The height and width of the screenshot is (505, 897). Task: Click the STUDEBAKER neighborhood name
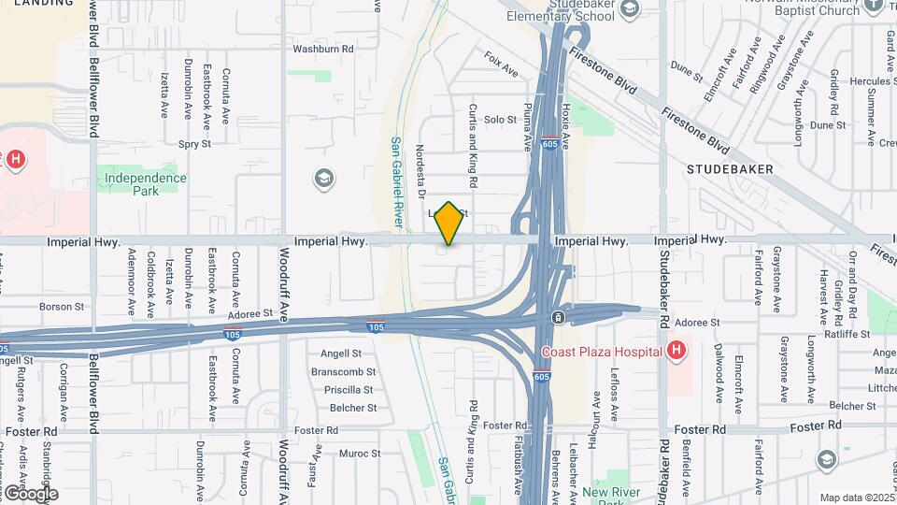tap(730, 169)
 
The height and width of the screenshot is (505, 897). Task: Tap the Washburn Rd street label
tap(323, 49)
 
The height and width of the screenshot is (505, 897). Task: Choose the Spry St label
tap(194, 144)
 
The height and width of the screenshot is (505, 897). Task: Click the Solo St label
tap(500, 120)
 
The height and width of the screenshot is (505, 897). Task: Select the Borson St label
tap(62, 306)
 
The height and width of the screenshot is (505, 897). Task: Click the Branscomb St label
tap(343, 372)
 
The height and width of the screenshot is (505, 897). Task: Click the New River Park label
tap(609, 493)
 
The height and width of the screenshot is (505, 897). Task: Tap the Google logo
tap(30, 493)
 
